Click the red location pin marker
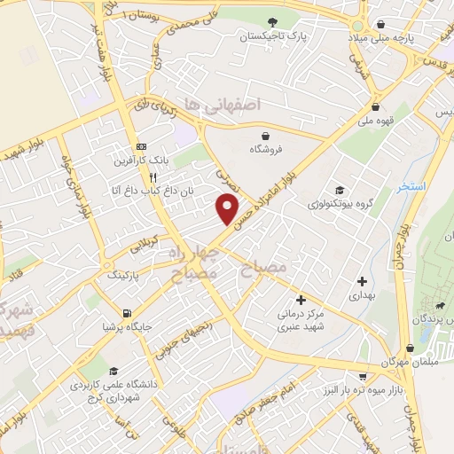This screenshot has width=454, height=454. click(228, 208)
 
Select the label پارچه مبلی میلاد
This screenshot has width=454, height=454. click(381, 41)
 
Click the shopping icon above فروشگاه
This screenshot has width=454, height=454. click(266, 135)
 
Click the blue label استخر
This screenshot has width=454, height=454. click(412, 186)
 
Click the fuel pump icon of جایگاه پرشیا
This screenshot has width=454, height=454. click(129, 312)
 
